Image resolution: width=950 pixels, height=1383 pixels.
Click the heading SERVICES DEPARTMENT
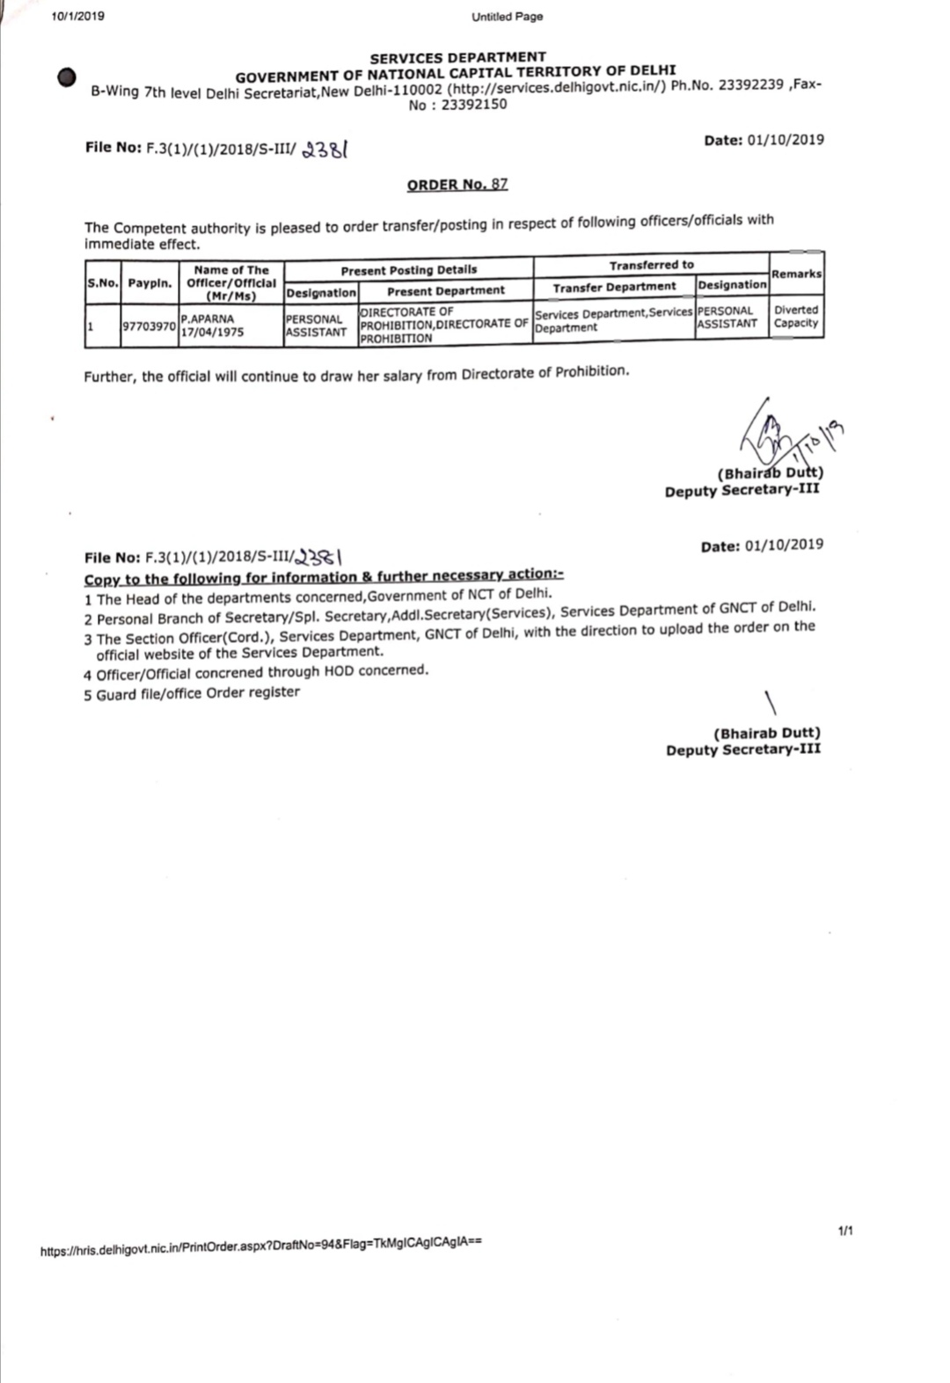457,57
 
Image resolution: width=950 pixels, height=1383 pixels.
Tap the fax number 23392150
474,105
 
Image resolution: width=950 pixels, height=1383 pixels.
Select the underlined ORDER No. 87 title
457,185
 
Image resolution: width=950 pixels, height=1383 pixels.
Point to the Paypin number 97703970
149,326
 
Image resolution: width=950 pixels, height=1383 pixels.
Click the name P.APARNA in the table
208,318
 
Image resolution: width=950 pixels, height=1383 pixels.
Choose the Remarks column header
796,274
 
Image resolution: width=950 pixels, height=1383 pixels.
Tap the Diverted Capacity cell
796,317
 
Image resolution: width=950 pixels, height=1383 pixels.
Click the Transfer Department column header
614,288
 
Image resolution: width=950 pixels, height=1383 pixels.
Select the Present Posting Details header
409,270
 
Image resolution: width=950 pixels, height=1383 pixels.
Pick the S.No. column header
103,283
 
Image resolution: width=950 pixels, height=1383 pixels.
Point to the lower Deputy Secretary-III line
743,750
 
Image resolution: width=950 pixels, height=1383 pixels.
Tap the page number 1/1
845,1231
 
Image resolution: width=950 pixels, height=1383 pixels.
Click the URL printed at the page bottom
260,1247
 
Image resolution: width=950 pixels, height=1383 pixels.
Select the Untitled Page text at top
508,17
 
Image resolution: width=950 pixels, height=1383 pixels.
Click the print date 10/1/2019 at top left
77,16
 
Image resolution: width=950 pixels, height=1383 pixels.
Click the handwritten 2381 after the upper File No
325,150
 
